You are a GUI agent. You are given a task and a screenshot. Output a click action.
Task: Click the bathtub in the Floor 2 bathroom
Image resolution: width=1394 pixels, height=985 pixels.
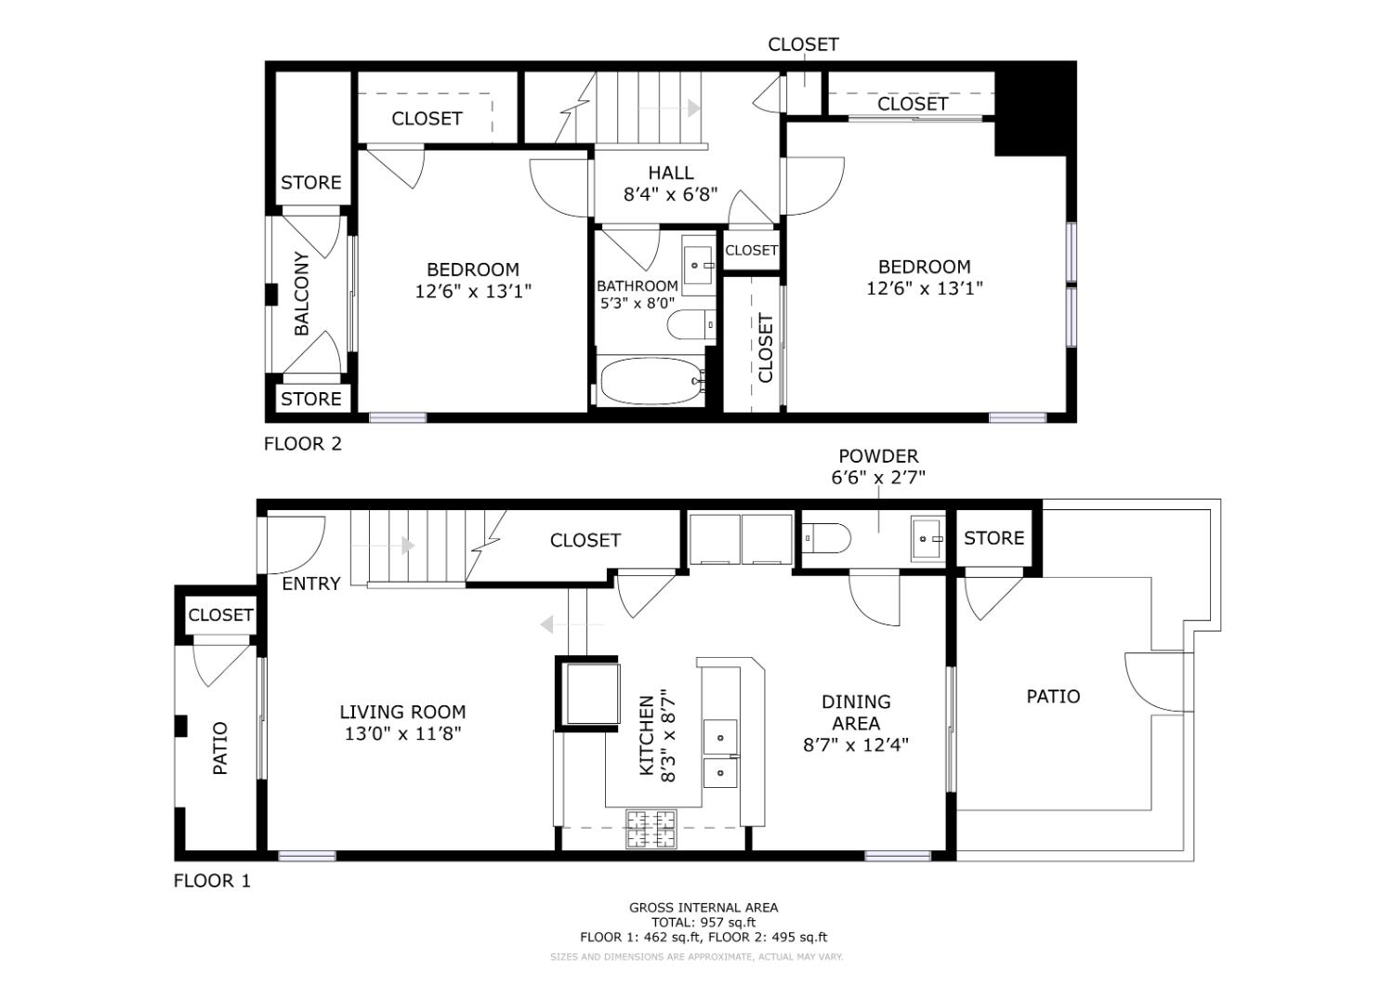(651, 382)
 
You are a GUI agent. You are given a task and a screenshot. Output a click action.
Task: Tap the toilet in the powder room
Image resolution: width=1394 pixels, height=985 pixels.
(826, 538)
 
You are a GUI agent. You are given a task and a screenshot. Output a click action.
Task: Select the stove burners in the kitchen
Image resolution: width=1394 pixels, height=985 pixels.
(651, 829)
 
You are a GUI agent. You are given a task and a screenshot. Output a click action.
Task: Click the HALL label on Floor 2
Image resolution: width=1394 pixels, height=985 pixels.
(670, 173)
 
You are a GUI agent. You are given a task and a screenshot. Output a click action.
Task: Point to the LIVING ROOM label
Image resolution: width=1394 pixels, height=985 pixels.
(402, 712)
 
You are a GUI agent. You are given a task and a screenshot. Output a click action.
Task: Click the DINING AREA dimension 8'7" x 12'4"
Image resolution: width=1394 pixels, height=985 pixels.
(855, 744)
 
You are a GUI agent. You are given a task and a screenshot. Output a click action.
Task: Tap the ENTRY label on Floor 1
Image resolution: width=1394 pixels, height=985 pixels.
(310, 584)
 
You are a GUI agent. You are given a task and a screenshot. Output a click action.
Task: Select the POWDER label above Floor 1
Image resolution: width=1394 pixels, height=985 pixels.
(878, 456)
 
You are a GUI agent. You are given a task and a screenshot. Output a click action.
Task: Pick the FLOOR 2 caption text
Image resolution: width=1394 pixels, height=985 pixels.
(303, 444)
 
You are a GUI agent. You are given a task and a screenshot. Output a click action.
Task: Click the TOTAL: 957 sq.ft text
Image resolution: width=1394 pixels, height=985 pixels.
(703, 923)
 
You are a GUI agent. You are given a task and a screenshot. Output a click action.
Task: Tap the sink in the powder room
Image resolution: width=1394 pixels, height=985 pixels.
(927, 538)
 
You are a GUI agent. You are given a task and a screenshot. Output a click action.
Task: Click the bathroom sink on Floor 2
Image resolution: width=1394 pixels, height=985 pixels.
(698, 265)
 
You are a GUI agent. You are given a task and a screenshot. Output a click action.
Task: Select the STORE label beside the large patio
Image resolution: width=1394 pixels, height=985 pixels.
(993, 538)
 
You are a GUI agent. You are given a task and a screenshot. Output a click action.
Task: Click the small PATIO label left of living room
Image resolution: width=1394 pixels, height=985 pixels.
(220, 748)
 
